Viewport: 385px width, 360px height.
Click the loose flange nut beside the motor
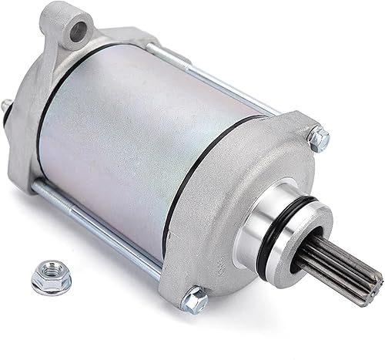click(51, 275)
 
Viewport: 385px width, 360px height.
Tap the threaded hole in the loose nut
click(51, 271)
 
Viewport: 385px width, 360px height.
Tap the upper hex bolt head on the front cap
click(319, 138)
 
